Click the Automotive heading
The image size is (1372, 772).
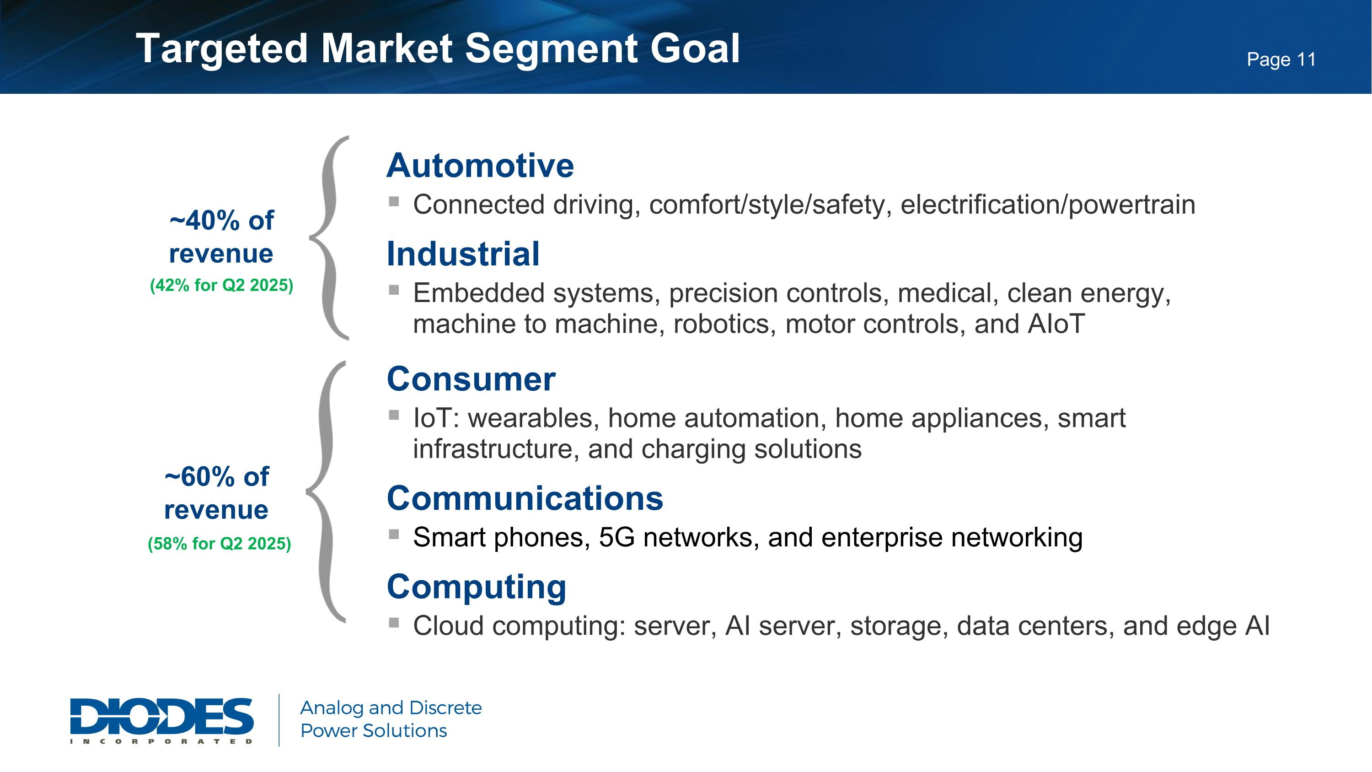480,166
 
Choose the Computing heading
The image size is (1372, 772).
476,587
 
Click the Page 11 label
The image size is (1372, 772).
1281,59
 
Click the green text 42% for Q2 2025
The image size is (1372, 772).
221,285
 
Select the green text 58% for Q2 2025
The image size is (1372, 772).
220,544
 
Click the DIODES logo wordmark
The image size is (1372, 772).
161,717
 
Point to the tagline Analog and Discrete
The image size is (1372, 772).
391,707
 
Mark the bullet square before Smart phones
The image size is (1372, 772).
394,534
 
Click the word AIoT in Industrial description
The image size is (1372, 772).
1056,324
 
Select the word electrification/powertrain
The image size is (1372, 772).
1047,205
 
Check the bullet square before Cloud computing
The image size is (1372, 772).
394,622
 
